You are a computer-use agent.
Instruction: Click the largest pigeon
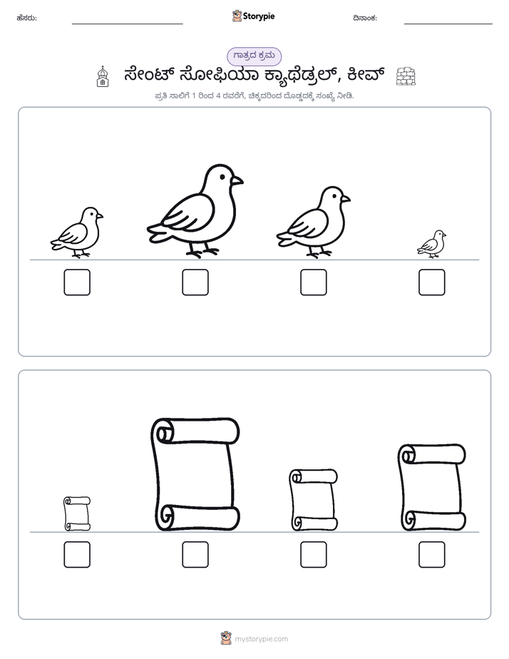point(195,210)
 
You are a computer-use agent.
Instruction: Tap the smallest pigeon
point(431,244)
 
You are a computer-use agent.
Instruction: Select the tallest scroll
point(195,475)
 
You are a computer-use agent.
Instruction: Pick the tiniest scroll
point(77,514)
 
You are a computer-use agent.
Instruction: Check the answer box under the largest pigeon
point(195,282)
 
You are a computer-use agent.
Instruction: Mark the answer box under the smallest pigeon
point(432,282)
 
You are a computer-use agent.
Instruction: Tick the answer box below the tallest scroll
point(195,554)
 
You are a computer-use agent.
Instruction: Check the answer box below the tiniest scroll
point(77,554)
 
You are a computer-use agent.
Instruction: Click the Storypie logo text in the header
point(259,16)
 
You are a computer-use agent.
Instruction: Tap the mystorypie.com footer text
point(261,639)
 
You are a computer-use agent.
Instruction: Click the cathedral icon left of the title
point(103,76)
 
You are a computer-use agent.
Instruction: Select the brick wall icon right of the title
point(406,76)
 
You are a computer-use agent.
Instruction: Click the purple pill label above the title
point(254,56)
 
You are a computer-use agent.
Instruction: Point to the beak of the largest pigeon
point(237,180)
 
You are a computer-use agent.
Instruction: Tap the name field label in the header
point(27,18)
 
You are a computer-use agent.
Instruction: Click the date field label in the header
point(365,18)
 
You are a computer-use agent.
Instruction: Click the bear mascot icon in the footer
point(226,638)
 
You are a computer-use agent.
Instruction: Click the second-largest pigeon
point(313,222)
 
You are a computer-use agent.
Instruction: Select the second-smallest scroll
point(313,500)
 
